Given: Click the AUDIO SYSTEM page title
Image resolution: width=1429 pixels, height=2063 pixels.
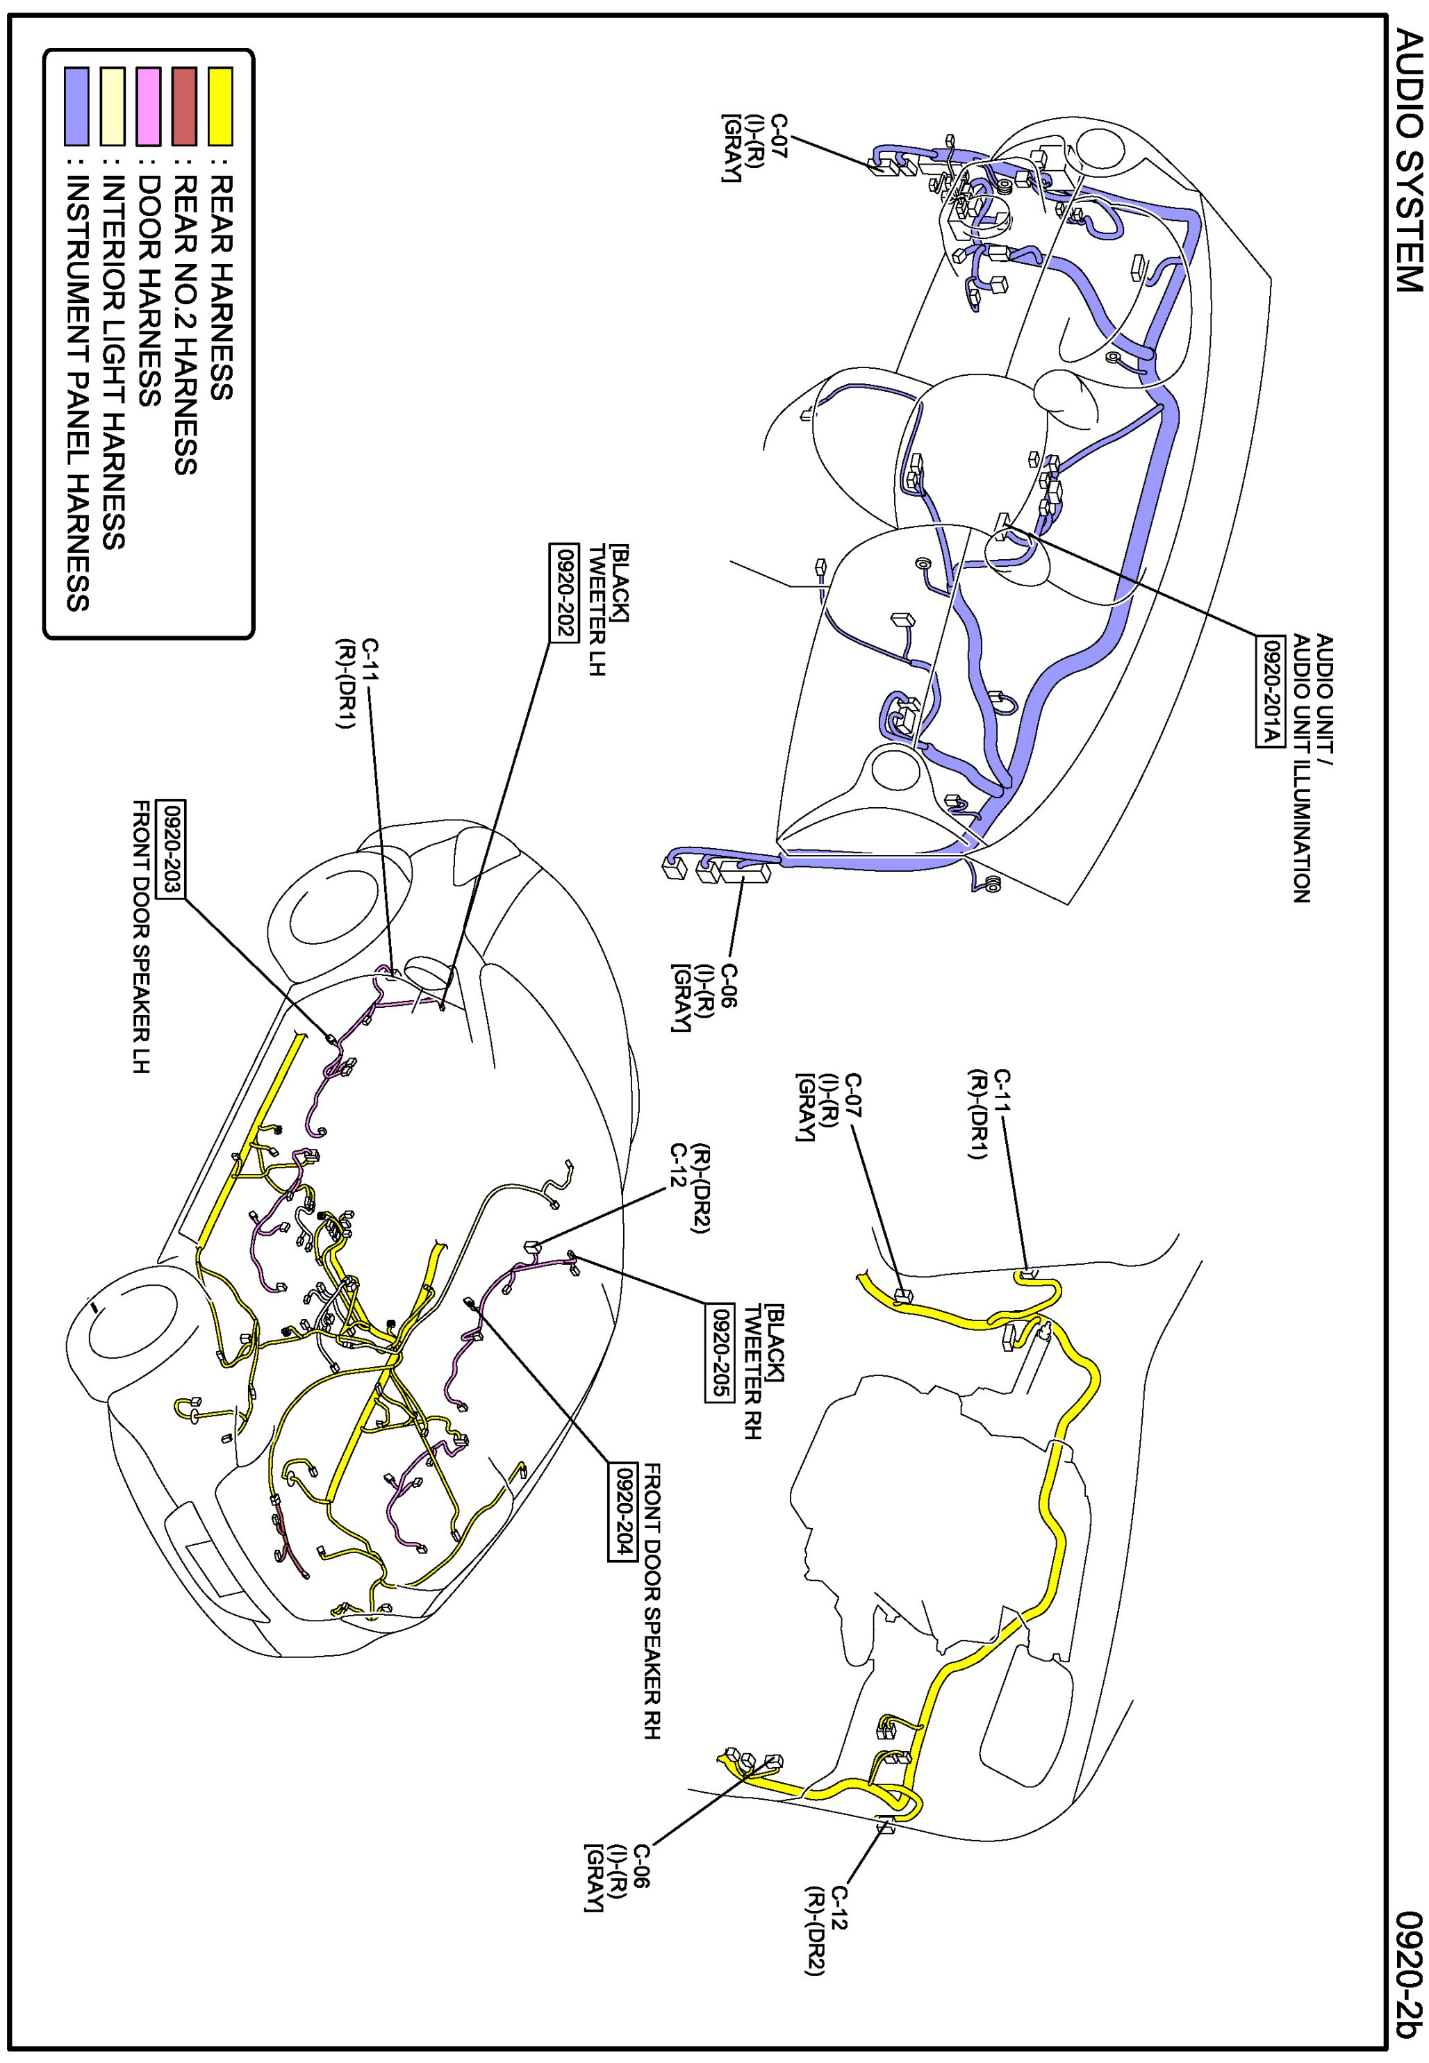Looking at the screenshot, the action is (x=1407, y=162).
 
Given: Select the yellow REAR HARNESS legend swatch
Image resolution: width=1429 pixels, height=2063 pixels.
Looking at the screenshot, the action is (x=220, y=106).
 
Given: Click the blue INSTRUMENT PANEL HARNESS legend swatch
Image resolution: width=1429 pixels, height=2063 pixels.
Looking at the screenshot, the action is (x=77, y=106).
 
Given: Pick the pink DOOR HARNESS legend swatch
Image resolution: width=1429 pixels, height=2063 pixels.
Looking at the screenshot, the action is (x=149, y=106).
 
